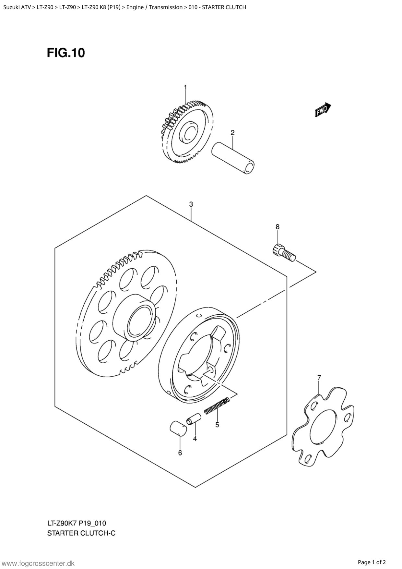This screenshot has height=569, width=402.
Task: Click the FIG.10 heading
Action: (66, 53)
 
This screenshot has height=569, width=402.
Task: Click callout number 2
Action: (232, 132)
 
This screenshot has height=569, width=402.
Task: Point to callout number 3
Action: (191, 204)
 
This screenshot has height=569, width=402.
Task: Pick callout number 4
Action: (195, 439)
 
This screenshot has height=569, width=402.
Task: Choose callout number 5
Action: (217, 424)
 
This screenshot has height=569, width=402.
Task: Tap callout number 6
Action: (180, 453)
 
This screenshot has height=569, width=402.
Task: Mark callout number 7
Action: (319, 377)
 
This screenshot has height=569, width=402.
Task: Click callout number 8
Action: (278, 227)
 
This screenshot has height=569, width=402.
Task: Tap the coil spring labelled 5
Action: (217, 406)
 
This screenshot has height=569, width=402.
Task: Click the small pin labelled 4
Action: (194, 418)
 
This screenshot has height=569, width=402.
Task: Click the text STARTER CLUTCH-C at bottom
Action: (81, 533)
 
